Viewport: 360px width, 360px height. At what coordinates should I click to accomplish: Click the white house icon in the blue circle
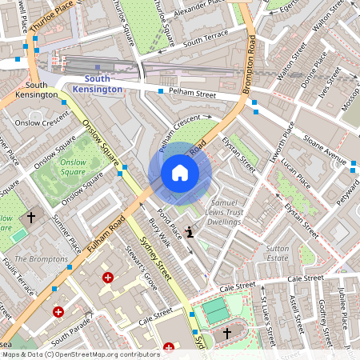(x=180, y=173)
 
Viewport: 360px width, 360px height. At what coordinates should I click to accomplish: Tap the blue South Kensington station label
(x=104, y=84)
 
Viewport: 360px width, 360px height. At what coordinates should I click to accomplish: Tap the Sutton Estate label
(x=277, y=254)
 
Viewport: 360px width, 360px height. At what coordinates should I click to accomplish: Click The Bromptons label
(x=42, y=259)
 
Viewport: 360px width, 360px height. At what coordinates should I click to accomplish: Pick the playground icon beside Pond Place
(x=190, y=233)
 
